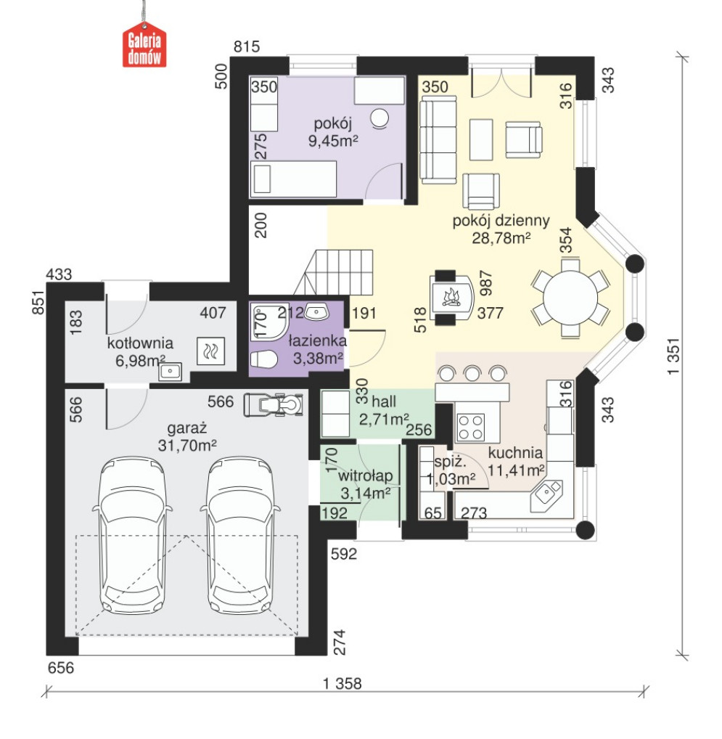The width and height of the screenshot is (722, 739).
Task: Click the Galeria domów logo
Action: (144, 45)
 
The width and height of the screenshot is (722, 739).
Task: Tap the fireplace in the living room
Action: (451, 298)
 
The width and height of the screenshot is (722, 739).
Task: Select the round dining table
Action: (570, 298)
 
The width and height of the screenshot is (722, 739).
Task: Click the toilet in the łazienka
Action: (263, 359)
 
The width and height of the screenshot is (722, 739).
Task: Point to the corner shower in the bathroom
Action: (269, 322)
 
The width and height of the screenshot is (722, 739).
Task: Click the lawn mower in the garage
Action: (274, 404)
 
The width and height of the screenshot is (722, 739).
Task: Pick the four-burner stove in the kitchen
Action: (471, 427)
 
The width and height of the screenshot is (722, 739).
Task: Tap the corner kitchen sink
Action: (546, 495)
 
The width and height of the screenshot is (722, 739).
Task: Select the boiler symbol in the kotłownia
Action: (210, 351)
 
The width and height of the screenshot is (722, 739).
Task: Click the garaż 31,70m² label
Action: (187, 437)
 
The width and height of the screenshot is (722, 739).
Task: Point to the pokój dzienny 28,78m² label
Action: (501, 229)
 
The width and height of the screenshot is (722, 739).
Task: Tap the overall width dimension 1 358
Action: (342, 683)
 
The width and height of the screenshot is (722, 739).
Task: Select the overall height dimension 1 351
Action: (674, 356)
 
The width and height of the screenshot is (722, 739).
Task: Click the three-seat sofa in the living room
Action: (438, 139)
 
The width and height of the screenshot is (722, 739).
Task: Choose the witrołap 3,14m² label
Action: (365, 484)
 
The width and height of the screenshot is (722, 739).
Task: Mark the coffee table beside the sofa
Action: (481, 139)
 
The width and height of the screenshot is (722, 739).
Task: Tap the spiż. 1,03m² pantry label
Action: (450, 470)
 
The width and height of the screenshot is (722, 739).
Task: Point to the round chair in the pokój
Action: (380, 118)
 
